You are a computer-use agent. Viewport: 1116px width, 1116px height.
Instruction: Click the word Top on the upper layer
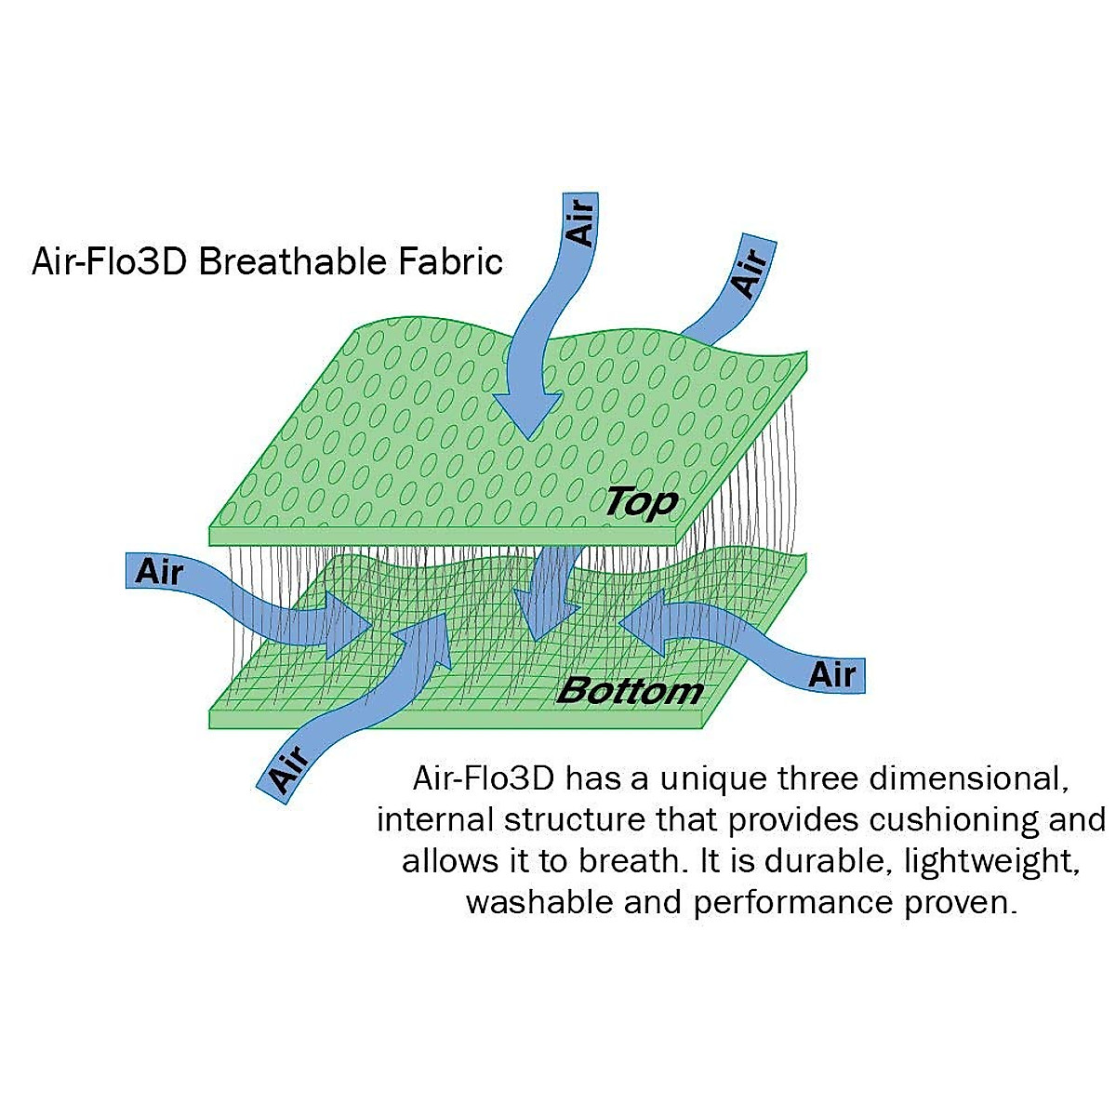pos(641,503)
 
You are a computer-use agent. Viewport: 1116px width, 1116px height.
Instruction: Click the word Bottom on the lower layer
pos(630,691)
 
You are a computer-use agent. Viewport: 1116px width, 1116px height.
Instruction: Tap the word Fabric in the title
pos(452,262)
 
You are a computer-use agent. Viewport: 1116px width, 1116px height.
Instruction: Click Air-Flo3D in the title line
pos(111,262)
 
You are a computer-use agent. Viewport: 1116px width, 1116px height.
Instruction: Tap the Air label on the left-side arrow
pos(159,571)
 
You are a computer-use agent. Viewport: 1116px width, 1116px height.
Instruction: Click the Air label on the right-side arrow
pos(831,673)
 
